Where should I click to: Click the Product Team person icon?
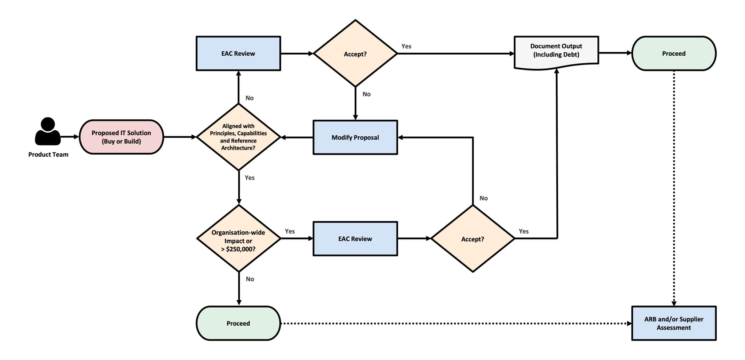pyautogui.click(x=48, y=132)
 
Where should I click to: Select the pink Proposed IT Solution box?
pyautogui.click(x=121, y=137)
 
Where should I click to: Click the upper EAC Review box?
pyautogui.click(x=238, y=53)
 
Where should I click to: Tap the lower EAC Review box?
pyautogui.click(x=355, y=239)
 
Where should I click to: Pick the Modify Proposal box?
pyautogui.click(x=355, y=137)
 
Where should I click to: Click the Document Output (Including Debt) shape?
pyautogui.click(x=556, y=51)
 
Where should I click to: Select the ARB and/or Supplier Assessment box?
pyautogui.click(x=674, y=323)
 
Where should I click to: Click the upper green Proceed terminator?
pyautogui.click(x=674, y=53)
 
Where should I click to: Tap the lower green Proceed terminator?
pyautogui.click(x=238, y=323)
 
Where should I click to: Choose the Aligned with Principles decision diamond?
pyautogui.click(x=238, y=137)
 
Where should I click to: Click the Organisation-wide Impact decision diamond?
pyautogui.click(x=238, y=239)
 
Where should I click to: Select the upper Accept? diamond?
pyautogui.click(x=355, y=54)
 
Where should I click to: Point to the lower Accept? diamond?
pyautogui.click(x=473, y=239)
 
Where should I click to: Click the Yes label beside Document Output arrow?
pyautogui.click(x=406, y=46)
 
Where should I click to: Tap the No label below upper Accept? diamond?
pyautogui.click(x=366, y=94)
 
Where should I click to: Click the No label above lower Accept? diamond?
pyautogui.click(x=483, y=198)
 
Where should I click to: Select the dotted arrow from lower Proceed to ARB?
pyautogui.click(x=455, y=323)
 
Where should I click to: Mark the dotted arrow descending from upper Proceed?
pyautogui.click(x=674, y=189)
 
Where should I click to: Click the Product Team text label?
pyautogui.click(x=48, y=155)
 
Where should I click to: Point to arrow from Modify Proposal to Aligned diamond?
pyautogui.click(x=297, y=137)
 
